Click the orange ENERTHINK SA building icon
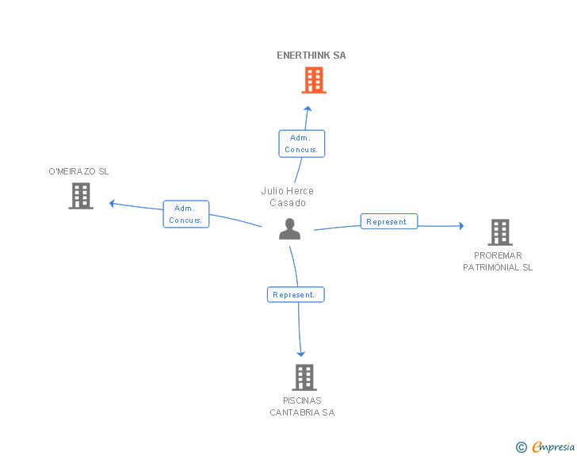[x=314, y=80]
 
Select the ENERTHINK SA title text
[x=311, y=56]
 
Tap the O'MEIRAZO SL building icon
[x=81, y=196]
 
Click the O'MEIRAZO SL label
[x=78, y=171]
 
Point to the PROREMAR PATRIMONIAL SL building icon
[x=499, y=232]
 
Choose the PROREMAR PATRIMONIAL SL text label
[x=498, y=262]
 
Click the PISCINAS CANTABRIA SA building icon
[x=304, y=377]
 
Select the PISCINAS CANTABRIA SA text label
[x=302, y=407]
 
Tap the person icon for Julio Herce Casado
[x=290, y=229]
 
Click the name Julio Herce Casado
[x=288, y=197]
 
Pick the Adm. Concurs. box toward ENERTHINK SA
[x=301, y=144]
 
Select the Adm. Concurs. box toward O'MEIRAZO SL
[x=186, y=214]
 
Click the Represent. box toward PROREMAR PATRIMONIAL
[x=388, y=222]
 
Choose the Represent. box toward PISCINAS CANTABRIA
[x=295, y=294]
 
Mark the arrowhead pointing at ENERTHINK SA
[x=308, y=109]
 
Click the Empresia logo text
[x=553, y=446]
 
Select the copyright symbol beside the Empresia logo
[x=521, y=447]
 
